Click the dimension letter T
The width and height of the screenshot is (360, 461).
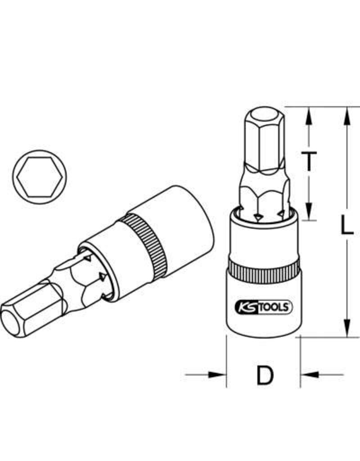(x=309, y=161)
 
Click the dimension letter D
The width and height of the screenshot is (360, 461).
(x=265, y=375)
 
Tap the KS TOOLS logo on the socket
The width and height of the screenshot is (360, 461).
(x=263, y=308)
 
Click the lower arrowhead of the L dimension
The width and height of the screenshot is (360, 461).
(x=346, y=328)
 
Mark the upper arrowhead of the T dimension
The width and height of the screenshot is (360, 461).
(x=309, y=115)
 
